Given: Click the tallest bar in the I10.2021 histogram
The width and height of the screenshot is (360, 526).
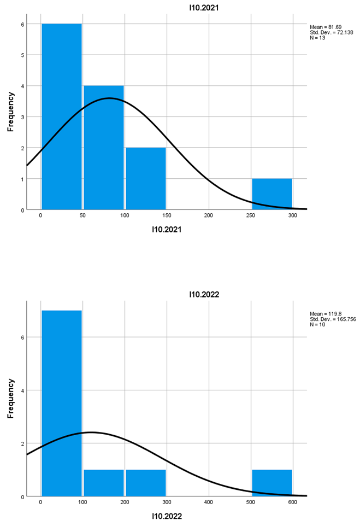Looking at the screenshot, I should pos(62,116).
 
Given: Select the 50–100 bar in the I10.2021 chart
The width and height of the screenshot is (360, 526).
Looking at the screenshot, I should pos(104,148).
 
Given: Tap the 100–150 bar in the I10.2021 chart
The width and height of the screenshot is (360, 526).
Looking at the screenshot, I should pos(146,179).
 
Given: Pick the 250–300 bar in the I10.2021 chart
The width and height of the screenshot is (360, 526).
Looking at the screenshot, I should pos(272,194).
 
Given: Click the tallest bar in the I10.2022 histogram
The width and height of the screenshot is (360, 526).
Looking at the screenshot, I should pos(62,404).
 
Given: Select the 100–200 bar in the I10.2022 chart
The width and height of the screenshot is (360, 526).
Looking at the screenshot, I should pos(104,483).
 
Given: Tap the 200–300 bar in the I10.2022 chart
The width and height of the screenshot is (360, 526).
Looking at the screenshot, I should pos(146,483).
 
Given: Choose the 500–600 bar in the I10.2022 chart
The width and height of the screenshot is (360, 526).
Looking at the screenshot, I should pos(272,483).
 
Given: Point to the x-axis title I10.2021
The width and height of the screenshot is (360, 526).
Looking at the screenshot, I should pos(167,230).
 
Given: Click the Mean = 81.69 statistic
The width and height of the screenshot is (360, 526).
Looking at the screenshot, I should pos(326,26).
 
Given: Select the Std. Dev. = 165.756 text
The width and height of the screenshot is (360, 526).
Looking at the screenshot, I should pos(333,319).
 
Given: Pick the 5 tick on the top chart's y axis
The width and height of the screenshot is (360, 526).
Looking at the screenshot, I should pos(23,55).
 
